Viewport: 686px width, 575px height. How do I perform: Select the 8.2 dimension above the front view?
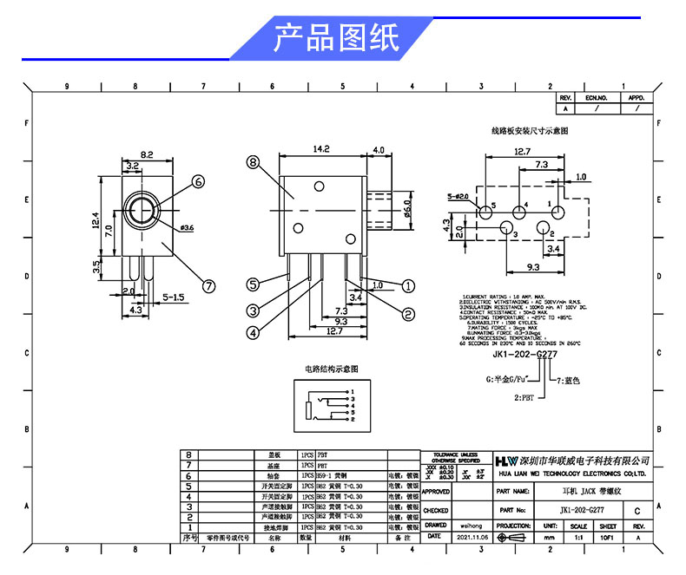(146, 154)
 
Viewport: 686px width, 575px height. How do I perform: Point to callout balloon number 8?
(253, 162)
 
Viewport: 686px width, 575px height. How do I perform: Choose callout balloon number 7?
(208, 285)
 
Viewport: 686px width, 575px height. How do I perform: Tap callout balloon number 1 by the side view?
(408, 285)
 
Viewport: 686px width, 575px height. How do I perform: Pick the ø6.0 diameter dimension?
(406, 211)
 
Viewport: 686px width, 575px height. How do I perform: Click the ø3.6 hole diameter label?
(186, 228)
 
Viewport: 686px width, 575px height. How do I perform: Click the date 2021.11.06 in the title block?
(472, 538)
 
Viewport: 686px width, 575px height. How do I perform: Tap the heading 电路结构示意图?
(330, 369)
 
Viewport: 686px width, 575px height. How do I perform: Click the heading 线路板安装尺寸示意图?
(529, 130)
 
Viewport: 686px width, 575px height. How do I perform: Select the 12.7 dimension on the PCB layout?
(521, 151)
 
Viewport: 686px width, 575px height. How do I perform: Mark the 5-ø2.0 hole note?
(458, 197)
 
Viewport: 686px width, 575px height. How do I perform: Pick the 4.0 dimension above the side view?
(378, 149)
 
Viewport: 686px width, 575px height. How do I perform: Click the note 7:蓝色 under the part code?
(568, 380)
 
